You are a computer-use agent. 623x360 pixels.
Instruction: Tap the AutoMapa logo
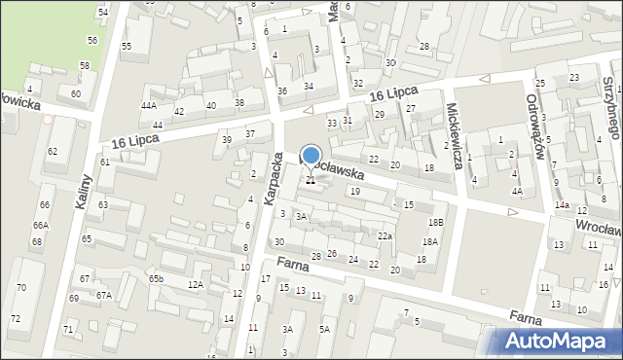click(560, 341)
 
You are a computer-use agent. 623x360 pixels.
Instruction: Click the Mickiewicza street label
click(453, 135)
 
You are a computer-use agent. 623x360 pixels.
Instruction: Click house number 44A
click(148, 105)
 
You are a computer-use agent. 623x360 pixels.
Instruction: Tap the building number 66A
click(40, 226)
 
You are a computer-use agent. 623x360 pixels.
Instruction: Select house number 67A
click(102, 295)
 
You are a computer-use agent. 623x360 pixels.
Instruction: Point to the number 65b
click(156, 279)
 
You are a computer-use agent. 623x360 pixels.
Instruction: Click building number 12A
click(196, 284)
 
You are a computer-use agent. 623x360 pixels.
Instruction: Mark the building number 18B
click(436, 223)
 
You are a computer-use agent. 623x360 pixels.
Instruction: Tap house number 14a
click(562, 205)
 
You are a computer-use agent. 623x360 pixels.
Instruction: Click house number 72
click(16, 319)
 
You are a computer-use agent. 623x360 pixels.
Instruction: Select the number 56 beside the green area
click(92, 40)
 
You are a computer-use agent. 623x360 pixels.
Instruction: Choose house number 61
click(104, 162)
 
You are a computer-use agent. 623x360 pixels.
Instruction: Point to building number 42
click(178, 111)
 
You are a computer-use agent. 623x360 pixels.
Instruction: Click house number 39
click(227, 140)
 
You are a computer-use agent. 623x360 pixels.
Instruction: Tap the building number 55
click(127, 47)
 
